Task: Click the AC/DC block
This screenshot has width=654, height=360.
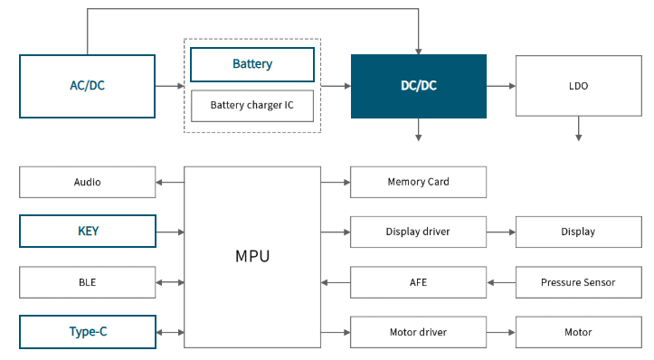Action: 87,86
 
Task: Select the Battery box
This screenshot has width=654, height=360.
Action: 252,64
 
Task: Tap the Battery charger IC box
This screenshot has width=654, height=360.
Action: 252,106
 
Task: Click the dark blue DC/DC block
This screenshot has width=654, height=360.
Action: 419,86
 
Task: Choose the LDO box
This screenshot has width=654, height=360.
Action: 579,86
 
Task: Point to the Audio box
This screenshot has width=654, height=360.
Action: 87,183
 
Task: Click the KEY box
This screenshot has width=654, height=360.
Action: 88,231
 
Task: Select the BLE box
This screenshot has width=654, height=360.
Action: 87,282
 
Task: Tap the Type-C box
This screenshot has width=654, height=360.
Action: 88,332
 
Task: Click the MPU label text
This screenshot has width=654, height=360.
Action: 252,256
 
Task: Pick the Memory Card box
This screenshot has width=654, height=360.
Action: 418,183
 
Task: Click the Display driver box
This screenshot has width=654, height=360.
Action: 418,232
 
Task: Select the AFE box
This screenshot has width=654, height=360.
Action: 418,282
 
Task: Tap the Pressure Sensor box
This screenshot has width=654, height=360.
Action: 579,282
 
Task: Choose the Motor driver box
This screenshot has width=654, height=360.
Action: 418,332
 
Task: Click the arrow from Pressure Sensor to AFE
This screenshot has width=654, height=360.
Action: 501,282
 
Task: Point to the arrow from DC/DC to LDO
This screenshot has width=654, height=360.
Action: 501,86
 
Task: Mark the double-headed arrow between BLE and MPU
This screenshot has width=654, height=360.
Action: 170,282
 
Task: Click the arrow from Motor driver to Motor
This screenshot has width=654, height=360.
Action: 501,333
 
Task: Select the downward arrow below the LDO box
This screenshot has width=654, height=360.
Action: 579,128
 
